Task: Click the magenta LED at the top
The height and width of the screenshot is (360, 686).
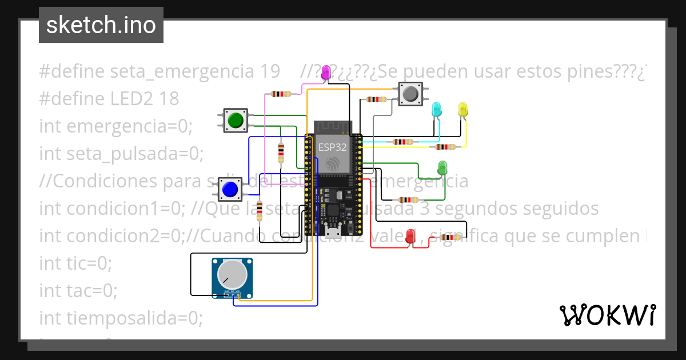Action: [326, 72]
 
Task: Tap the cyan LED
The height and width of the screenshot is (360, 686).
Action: [436, 109]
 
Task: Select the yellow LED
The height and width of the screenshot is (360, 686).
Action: [462, 109]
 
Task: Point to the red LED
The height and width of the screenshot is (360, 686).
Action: [410, 236]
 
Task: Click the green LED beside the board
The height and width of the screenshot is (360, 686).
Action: [442, 168]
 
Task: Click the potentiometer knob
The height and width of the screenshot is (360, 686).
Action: [233, 274]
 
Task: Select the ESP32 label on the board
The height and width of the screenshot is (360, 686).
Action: [332, 147]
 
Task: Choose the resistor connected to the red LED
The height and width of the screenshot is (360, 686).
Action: [450, 237]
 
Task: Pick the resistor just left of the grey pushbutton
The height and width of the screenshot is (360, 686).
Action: [376, 99]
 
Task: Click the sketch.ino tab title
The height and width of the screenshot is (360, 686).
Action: [101, 25]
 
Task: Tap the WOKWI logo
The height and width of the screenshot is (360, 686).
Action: [607, 315]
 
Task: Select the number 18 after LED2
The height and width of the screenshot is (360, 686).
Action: [169, 99]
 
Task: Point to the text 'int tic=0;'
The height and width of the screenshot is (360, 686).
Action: [75, 263]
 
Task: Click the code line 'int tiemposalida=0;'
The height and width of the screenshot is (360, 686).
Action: [121, 318]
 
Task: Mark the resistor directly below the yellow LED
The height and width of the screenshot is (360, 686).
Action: [446, 147]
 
